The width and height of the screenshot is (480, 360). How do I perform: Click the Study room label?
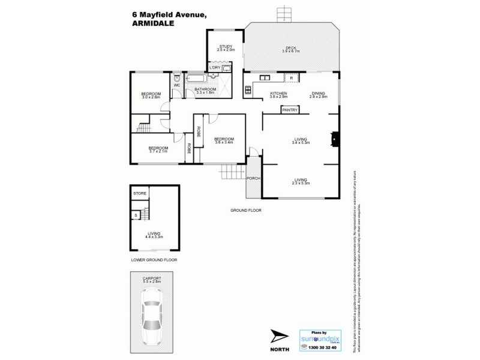tap(226, 46)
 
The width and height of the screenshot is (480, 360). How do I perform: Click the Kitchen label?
tap(278, 94)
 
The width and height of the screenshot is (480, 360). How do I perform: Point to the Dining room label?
tap(319, 94)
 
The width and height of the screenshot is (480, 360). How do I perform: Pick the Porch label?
tap(253, 178)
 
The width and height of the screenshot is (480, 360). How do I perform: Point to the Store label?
tap(140, 193)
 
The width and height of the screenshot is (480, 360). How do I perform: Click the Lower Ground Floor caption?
tap(154, 260)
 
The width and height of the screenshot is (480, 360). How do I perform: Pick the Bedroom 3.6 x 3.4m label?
tap(224, 140)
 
